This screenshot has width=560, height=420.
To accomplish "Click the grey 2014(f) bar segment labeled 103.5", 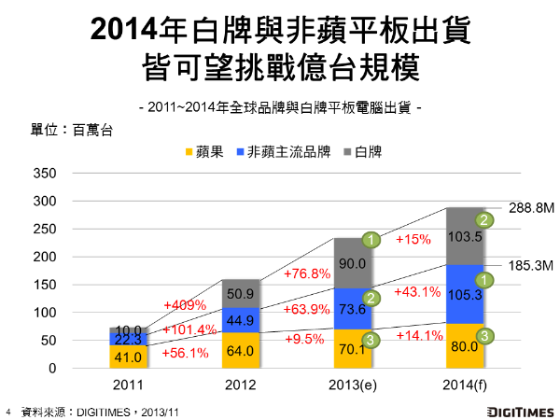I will [x=470, y=237].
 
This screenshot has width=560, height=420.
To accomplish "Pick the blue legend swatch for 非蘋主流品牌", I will [x=240, y=151].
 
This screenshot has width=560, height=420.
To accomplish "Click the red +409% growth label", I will [x=184, y=305].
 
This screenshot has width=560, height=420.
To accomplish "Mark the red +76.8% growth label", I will [x=306, y=273].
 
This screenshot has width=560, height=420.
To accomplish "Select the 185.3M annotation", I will [x=533, y=266].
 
